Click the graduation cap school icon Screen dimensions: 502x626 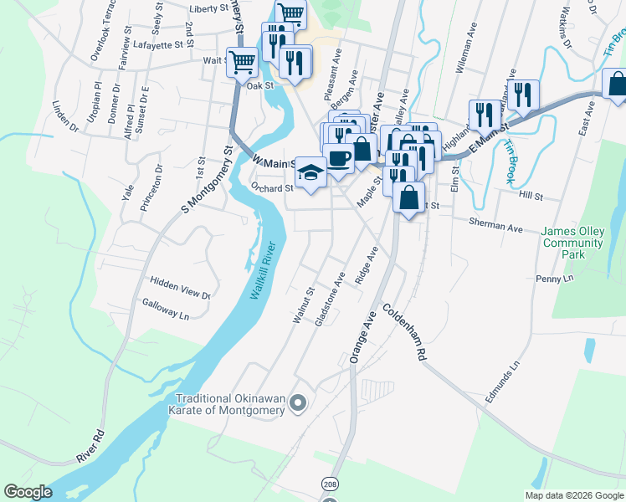(310, 173)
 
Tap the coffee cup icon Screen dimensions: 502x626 (339, 158)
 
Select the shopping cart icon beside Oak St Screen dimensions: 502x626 (242, 61)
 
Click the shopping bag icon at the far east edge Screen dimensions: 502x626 (617, 84)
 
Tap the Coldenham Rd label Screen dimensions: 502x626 (405, 331)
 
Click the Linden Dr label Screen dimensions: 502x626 (64, 117)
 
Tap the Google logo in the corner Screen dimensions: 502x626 (28, 492)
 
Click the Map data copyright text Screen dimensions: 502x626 (574, 495)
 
